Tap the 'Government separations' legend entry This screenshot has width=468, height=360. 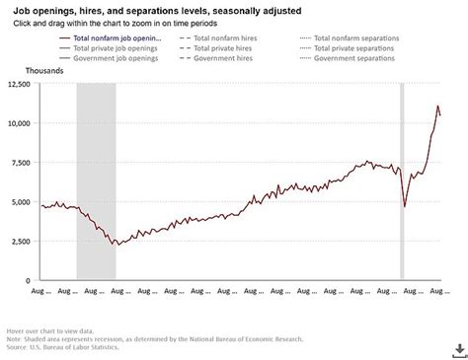pyautogui.click(x=356, y=58)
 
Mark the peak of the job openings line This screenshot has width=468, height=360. pyautogui.click(x=437, y=106)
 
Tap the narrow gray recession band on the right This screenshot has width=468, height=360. pyautogui.click(x=402, y=181)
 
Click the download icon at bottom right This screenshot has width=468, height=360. pyautogui.click(x=459, y=349)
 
